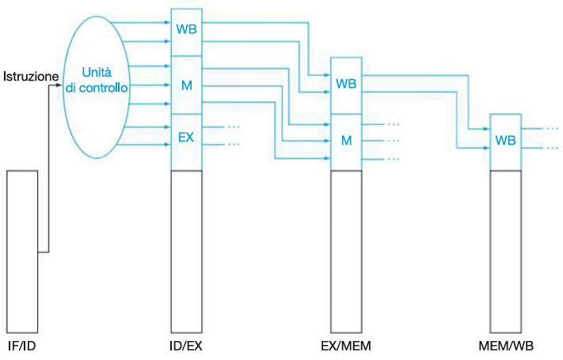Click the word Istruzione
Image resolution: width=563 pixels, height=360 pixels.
(x=29, y=76)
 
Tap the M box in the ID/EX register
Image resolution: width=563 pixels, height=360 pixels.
(x=187, y=85)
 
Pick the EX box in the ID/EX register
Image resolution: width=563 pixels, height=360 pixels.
(x=187, y=137)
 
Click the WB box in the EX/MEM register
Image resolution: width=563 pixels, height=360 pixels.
(x=346, y=84)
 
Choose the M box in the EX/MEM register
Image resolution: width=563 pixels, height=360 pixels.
(x=346, y=140)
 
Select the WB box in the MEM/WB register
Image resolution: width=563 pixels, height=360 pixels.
(x=505, y=140)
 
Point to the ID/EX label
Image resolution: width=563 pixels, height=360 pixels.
(x=187, y=347)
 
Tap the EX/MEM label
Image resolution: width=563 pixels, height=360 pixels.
(x=346, y=347)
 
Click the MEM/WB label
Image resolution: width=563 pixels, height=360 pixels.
(x=506, y=347)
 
